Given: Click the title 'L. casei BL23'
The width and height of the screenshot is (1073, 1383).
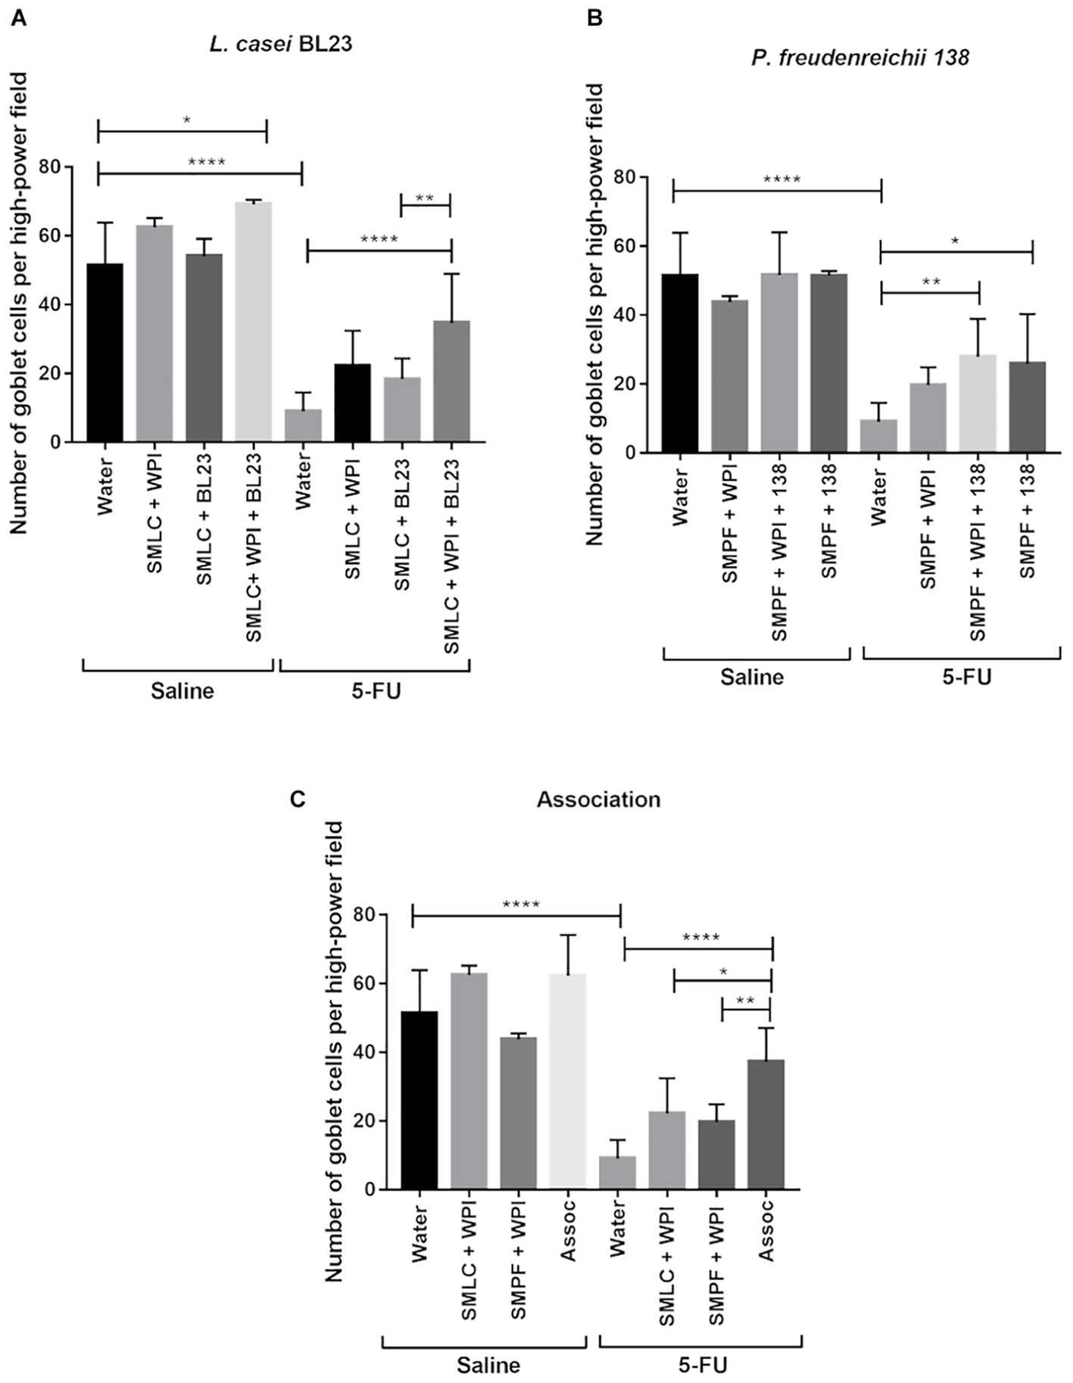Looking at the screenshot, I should pos(280,44).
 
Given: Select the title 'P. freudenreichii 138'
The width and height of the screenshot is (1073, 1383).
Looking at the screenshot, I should pos(860,58).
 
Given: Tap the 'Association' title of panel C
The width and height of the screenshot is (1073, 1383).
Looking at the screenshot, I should pos(598,799).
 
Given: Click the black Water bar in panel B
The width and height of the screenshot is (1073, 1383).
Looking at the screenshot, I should pos(680,363).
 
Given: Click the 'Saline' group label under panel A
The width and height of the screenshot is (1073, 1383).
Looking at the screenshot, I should pos(182,691).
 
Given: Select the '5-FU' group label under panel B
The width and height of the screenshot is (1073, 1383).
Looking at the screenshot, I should pos(966,677).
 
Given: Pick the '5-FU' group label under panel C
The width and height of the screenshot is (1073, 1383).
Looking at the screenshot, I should pos(702,1366).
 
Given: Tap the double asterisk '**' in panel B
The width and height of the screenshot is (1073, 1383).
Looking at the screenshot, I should pos(931,282).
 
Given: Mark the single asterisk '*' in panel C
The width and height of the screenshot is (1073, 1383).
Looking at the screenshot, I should pos(723,972).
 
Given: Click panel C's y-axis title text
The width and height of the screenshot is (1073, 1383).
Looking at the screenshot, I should pos(335,1051).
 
